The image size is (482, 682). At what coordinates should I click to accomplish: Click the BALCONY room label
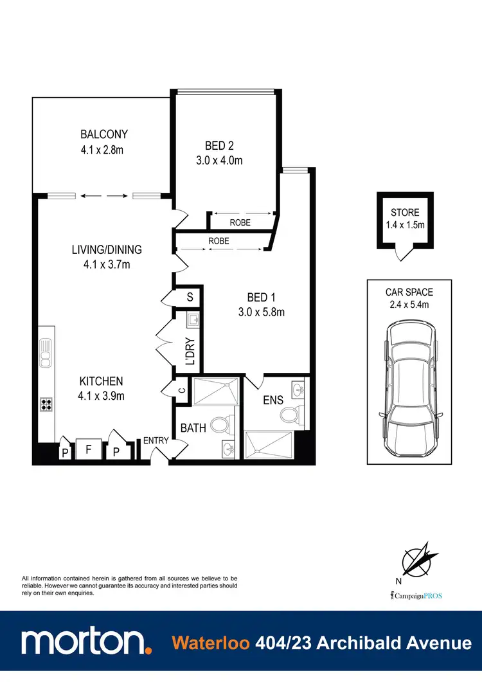[x=104, y=134]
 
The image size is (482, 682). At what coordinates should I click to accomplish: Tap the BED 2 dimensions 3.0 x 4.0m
[x=219, y=161]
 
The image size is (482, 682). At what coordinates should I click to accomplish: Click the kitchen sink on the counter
[x=46, y=353]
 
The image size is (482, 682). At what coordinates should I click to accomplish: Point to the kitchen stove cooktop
[x=47, y=404]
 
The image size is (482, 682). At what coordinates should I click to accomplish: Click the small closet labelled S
[x=190, y=296]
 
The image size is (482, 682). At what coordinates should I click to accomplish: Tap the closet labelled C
[x=183, y=390]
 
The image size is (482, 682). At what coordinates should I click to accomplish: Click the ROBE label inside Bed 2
[x=240, y=223]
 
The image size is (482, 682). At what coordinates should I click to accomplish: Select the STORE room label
[x=405, y=213]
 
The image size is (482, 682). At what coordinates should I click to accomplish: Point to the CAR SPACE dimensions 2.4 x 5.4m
[x=409, y=305]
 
